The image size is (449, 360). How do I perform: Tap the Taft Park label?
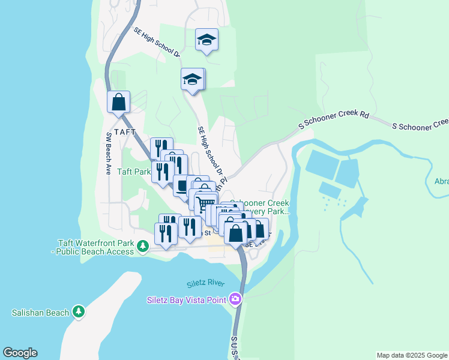pyautogui.click(x=134, y=172)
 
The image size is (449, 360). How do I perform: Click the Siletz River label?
pyautogui.click(x=205, y=284)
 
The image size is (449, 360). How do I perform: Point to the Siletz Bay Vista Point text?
pyautogui.click(x=187, y=299)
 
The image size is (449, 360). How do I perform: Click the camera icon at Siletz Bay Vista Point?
pyautogui.click(x=235, y=299)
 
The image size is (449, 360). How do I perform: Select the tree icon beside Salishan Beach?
pyautogui.click(x=78, y=311)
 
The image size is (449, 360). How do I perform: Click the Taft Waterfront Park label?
pyautogui.click(x=95, y=247)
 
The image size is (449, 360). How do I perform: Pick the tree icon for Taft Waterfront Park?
pyautogui.click(x=143, y=246)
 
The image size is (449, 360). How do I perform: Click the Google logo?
pyautogui.click(x=20, y=353)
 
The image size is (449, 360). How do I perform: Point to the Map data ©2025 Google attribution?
pyautogui.click(x=412, y=355)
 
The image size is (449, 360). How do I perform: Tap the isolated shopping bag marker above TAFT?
pyautogui.click(x=119, y=102)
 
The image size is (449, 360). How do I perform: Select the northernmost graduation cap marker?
pyautogui.click(x=206, y=40)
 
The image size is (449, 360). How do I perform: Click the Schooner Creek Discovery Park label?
pyautogui.click(x=259, y=208)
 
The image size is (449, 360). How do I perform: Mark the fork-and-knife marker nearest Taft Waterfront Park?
pyautogui.click(x=165, y=233)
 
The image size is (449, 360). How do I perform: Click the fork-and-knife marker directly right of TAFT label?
pyautogui.click(x=161, y=148)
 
